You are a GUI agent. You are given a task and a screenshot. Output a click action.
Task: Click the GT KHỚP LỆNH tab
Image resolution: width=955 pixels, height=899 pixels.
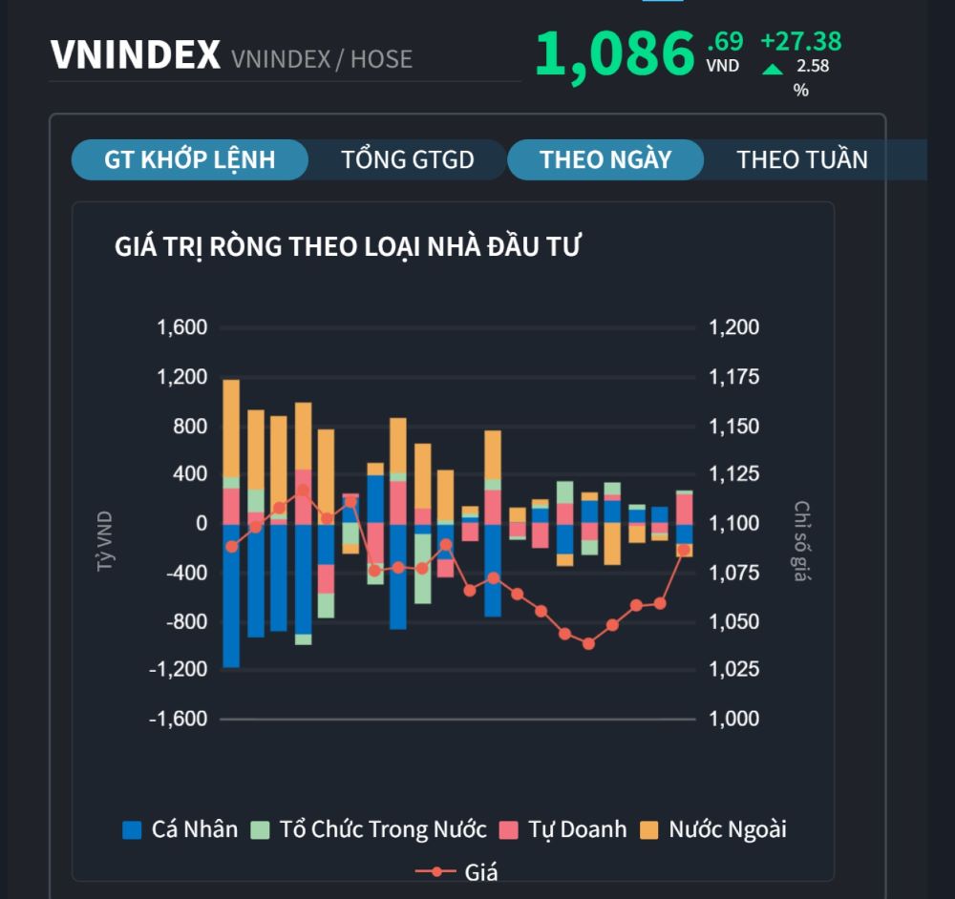pyautogui.click(x=189, y=159)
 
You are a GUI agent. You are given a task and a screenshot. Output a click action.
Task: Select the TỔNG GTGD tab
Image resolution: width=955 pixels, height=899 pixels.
pyautogui.click(x=408, y=159)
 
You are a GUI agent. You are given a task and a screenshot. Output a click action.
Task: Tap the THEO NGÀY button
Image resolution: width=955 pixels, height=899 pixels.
pyautogui.click(x=605, y=159)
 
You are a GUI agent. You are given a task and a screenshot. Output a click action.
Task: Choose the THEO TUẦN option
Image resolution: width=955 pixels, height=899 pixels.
pyautogui.click(x=802, y=159)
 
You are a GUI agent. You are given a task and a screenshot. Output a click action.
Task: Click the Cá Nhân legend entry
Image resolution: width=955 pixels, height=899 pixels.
pyautogui.click(x=180, y=829)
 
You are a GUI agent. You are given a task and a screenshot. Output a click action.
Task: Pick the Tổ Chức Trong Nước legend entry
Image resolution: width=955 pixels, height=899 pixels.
pyautogui.click(x=369, y=829)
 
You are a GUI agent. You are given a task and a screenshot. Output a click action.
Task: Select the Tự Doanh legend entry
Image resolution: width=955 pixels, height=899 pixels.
pyautogui.click(x=563, y=829)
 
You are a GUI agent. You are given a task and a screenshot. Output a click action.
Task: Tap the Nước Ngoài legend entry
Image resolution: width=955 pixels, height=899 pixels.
pyautogui.click(x=713, y=829)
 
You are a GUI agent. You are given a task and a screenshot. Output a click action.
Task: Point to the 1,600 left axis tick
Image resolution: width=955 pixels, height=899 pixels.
pyautogui.click(x=182, y=328)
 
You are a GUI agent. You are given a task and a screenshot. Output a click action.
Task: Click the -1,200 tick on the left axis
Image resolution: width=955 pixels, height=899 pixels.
pyautogui.click(x=179, y=670)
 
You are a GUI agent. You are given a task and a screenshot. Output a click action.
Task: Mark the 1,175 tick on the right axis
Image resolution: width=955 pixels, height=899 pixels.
pyautogui.click(x=733, y=377)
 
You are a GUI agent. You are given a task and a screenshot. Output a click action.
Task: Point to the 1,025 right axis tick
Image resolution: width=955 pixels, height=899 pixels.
pyautogui.click(x=733, y=670)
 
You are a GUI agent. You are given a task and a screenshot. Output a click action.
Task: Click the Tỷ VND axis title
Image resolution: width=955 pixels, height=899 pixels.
pyautogui.click(x=104, y=542)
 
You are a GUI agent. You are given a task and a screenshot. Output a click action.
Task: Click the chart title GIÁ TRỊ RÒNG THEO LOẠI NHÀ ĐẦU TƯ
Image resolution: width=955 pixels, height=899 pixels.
pyautogui.click(x=348, y=246)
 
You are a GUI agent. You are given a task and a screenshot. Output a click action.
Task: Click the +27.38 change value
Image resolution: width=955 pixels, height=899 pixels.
pyautogui.click(x=800, y=41)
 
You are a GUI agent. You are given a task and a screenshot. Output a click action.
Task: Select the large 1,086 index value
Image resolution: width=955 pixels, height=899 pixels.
pyautogui.click(x=614, y=53)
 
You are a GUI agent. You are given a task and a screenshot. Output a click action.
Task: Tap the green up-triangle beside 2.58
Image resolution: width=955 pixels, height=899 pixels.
pyautogui.click(x=773, y=69)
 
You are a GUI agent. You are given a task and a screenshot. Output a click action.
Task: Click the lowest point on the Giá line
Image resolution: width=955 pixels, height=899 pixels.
pyautogui.click(x=588, y=643)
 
